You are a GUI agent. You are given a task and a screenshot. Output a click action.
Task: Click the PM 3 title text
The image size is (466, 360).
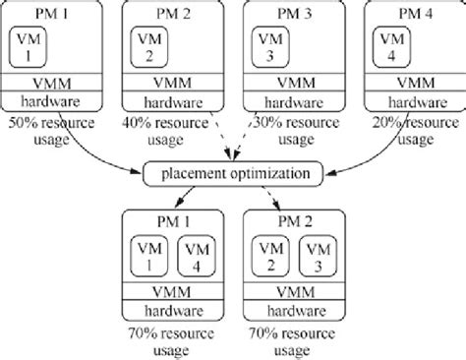tap(292, 12)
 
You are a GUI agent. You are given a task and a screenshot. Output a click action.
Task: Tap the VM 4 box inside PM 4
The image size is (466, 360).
tap(392, 46)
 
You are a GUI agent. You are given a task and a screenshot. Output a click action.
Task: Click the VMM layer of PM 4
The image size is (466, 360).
tap(412, 81)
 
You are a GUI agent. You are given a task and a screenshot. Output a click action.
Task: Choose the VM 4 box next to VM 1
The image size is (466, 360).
tap(195, 257)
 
